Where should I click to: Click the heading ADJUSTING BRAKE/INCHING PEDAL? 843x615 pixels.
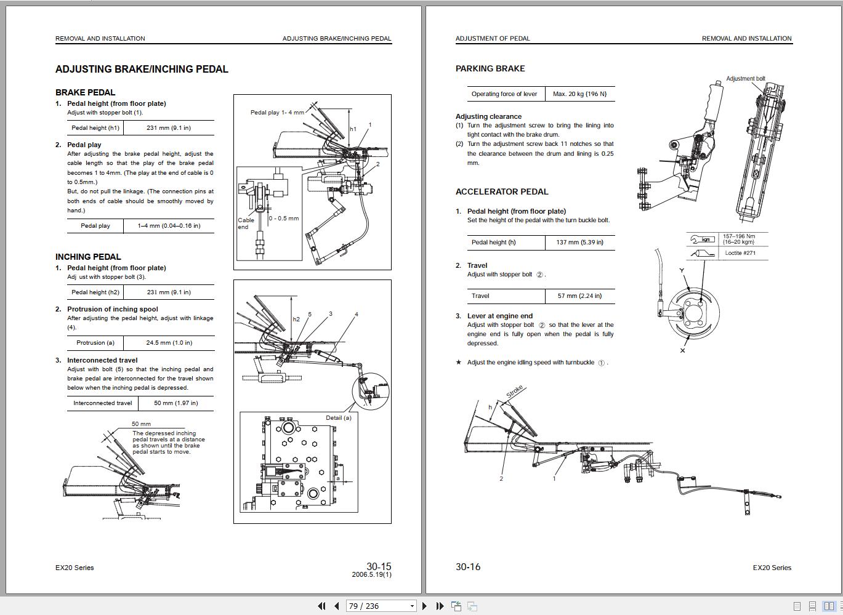142,70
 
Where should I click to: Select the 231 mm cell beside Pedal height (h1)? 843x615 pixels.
168,128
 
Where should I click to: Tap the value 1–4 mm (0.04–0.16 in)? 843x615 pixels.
169,226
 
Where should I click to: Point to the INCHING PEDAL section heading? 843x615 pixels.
88,257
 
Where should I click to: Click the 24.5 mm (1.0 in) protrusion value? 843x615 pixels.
169,343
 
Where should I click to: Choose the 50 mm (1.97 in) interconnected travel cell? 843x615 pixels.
175,403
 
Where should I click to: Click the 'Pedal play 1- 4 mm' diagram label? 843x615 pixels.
277,113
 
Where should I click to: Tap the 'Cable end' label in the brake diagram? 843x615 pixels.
246,223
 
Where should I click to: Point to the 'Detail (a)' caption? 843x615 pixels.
339,417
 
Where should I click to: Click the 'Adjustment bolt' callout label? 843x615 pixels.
745,79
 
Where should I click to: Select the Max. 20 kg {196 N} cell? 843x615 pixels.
579,94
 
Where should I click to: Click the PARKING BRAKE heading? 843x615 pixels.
490,69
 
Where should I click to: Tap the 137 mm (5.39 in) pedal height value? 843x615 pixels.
579,243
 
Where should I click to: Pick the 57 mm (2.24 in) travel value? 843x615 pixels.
579,296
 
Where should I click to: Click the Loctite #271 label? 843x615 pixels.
740,253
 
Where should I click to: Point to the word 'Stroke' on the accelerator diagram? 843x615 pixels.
515,392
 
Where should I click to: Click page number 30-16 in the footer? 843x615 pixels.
468,567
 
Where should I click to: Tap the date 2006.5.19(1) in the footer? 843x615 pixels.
371,574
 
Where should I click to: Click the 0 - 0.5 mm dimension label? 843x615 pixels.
284,219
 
